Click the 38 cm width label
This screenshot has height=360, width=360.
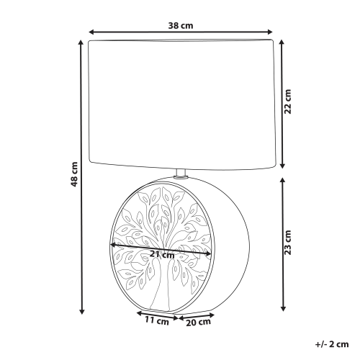(181, 26)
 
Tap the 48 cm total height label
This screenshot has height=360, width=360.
(74, 174)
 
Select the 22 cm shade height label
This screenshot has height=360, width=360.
(287, 102)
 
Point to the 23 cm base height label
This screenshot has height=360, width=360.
(287, 243)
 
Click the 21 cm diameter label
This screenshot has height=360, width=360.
(162, 254)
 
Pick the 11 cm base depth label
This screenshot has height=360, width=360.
(157, 321)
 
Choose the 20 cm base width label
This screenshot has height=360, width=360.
(199, 323)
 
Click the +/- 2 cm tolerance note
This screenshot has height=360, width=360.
(332, 344)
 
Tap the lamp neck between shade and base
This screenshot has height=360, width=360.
(181, 174)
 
